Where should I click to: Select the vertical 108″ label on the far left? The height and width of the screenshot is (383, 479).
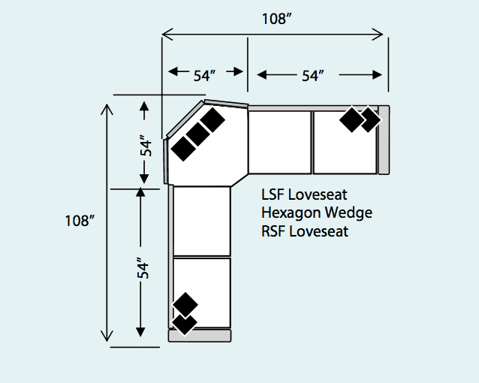[x=78, y=221]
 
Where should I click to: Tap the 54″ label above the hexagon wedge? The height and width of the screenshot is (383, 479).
[x=204, y=75]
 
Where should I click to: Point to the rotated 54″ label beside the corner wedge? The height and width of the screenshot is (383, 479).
[x=147, y=144]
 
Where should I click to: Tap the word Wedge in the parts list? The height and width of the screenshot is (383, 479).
[x=348, y=214]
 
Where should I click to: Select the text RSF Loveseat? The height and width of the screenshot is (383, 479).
[x=305, y=231]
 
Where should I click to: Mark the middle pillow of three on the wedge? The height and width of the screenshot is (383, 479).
[x=197, y=134]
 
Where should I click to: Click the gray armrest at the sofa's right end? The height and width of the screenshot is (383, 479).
[x=384, y=140]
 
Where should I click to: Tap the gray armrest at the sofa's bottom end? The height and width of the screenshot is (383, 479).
[x=200, y=335]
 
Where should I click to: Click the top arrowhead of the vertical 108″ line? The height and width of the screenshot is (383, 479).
[x=108, y=108]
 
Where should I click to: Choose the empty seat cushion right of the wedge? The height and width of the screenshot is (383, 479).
[x=279, y=143]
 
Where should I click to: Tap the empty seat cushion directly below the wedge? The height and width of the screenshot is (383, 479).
[x=201, y=221]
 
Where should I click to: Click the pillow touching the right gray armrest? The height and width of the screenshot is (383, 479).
[x=369, y=119]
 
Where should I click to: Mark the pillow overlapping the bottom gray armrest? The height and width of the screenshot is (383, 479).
[x=184, y=324]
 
